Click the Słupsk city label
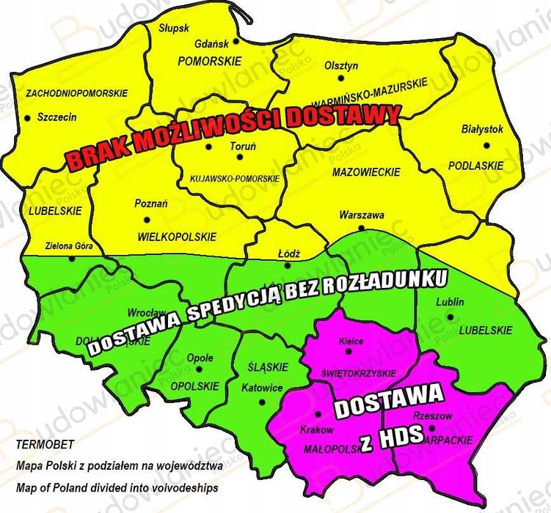(174, 28)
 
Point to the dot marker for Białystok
(486, 145)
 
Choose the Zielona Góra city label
(69, 246)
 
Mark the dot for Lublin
(450, 317)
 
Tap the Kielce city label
(351, 341)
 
